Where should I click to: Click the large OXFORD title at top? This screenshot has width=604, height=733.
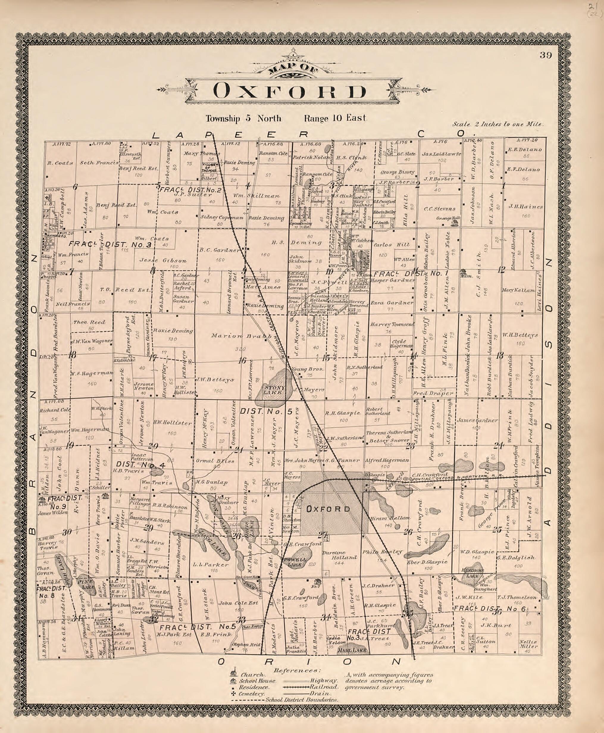tap(290, 91)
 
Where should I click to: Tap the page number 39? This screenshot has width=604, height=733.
tap(546, 55)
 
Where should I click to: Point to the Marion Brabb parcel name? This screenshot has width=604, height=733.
tap(241, 336)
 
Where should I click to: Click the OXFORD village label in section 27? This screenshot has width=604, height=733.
tap(328, 509)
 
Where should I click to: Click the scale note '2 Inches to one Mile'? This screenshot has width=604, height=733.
tap(498, 124)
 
